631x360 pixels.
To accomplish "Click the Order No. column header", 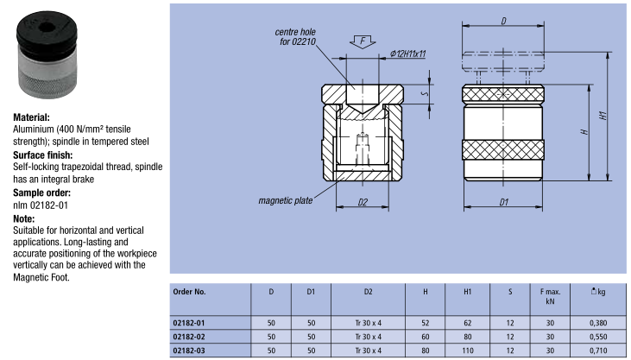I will pyautogui.click(x=189, y=292).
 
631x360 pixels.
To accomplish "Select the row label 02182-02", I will pyautogui.click(x=190, y=337).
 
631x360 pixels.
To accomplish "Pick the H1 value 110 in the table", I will pyautogui.click(x=467, y=351).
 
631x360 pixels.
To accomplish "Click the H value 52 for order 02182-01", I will pyautogui.click(x=425, y=322).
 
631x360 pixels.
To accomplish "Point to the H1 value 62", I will pyautogui.click(x=467, y=322).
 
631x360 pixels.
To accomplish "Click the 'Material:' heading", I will pyautogui.click(x=31, y=116).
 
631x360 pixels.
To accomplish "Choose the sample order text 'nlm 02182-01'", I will pyautogui.click(x=38, y=206).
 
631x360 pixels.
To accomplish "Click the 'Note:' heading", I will pyautogui.click(x=24, y=219).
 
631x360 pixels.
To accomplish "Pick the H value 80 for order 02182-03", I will pyautogui.click(x=425, y=351).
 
